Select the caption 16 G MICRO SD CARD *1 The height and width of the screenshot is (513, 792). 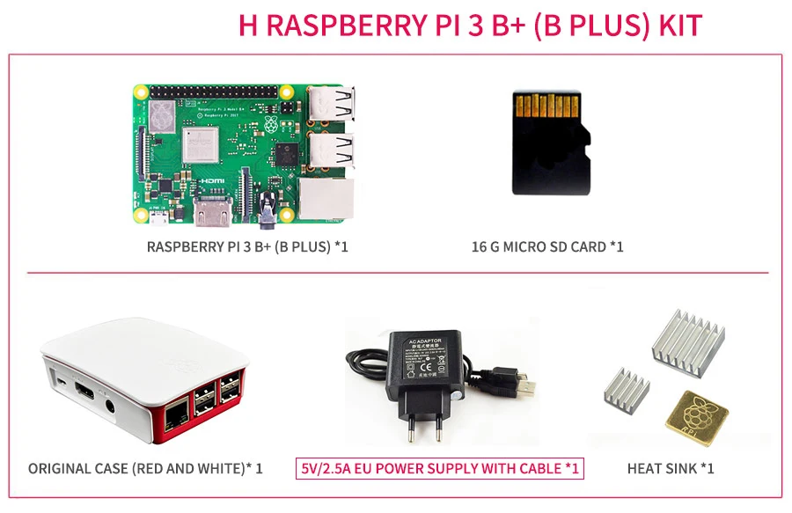click(546, 246)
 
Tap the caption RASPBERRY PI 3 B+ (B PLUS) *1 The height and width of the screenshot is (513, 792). click(247, 246)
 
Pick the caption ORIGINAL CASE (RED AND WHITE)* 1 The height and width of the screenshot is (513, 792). click(145, 468)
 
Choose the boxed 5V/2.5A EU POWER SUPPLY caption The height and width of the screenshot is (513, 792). click(440, 468)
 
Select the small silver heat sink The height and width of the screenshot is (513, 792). click(626, 393)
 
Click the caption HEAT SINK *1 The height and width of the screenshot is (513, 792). click(670, 468)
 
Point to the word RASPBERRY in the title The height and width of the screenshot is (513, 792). click(340, 25)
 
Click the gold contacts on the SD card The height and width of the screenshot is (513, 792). click(551, 105)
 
